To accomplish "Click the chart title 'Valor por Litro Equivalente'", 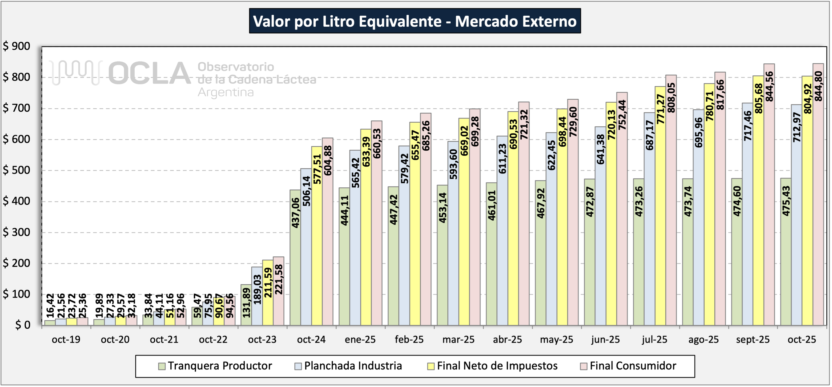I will [415, 21].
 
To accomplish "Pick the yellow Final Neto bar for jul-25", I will [660, 226].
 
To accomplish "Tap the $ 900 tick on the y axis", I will [17, 46].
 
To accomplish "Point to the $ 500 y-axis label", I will [17, 170].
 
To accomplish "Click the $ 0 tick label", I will [23, 325].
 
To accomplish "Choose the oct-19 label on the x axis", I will [66, 340].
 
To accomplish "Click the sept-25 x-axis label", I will [753, 340].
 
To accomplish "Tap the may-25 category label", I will [556, 340].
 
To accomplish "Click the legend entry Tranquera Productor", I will [220, 366].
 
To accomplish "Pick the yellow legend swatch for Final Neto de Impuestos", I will [431, 366].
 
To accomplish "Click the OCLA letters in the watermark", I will [149, 73].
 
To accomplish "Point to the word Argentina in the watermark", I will [226, 92].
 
